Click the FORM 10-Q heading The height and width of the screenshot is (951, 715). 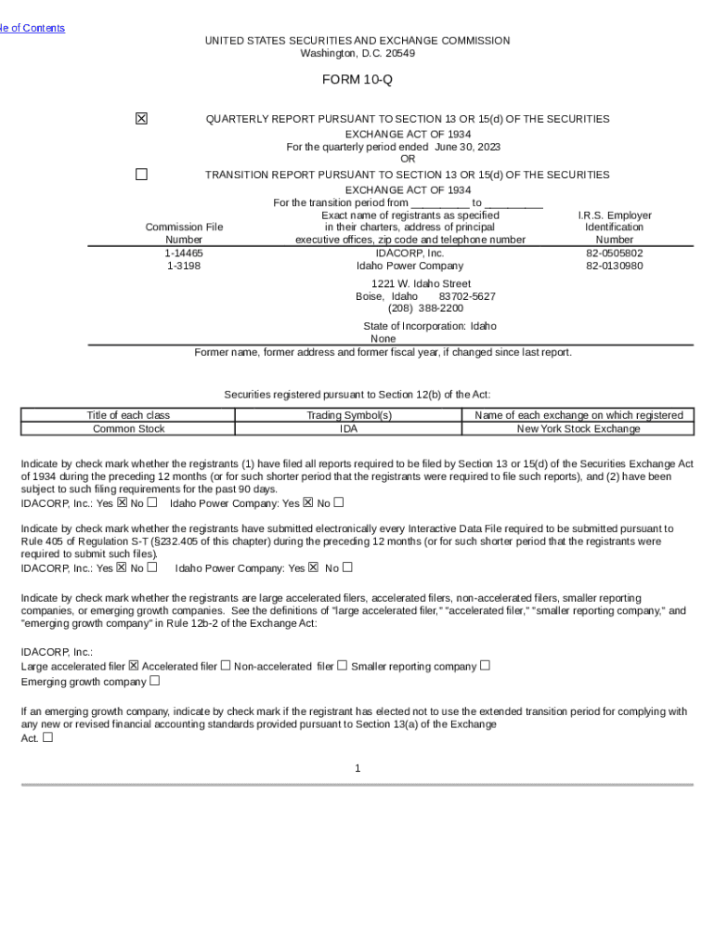(357, 80)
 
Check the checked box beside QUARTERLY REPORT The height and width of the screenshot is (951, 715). (141, 119)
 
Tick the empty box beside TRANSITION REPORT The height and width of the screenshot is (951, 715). (141, 174)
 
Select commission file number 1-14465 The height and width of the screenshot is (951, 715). (184, 253)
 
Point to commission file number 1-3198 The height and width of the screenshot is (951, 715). (184, 266)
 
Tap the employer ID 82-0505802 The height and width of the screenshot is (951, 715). (614, 253)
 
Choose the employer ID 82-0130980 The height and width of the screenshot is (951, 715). (614, 266)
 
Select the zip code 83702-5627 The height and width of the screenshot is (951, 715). (467, 296)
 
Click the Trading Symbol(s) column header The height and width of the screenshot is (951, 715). (349, 415)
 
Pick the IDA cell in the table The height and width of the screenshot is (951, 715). (349, 429)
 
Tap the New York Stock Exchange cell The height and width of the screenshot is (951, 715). (578, 429)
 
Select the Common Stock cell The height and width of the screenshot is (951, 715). (129, 429)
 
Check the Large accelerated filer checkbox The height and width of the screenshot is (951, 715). (134, 665)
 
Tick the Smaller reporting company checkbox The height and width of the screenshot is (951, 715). (485, 665)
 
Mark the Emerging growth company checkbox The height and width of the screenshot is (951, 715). (154, 681)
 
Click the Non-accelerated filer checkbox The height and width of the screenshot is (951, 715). (342, 665)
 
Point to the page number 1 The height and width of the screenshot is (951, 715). (357, 768)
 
